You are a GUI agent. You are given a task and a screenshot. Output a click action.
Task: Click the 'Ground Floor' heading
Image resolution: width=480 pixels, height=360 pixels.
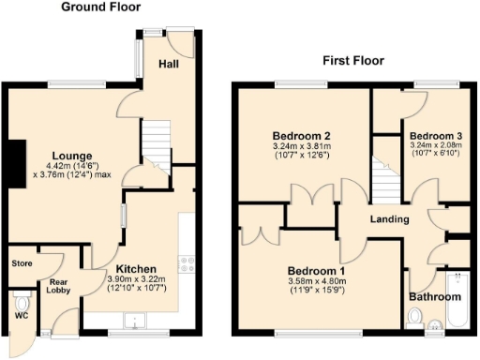point(100,7)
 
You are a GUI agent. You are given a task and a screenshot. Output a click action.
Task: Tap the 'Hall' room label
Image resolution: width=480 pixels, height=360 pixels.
point(169,65)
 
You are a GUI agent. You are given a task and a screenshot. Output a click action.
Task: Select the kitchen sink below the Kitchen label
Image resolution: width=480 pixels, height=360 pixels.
point(137,323)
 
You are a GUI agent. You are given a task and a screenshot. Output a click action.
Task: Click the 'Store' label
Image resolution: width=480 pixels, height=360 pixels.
point(22,263)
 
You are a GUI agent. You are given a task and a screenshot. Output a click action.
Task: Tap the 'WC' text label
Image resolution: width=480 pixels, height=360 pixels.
point(21,329)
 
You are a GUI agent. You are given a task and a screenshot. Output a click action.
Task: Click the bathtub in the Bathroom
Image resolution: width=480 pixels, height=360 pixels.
point(458,298)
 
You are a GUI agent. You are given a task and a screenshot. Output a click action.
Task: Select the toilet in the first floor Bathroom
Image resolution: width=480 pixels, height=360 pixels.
point(414,320)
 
